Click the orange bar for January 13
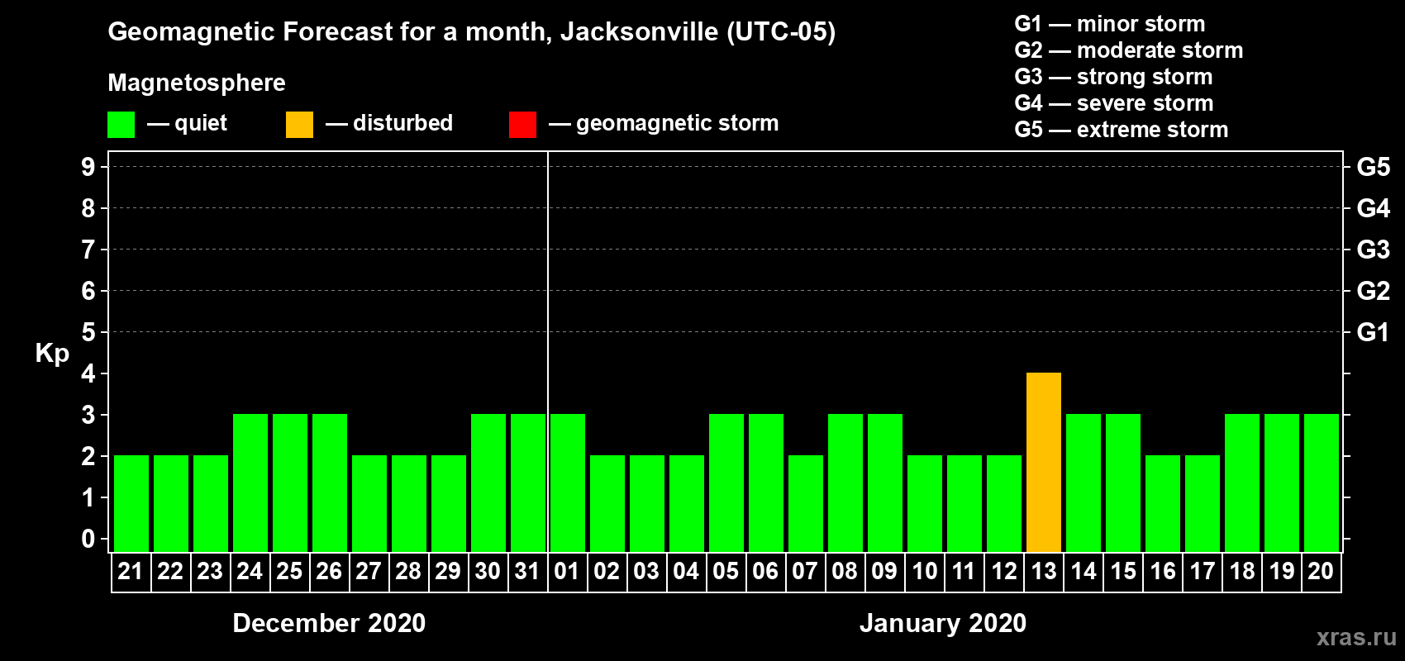click(x=1043, y=462)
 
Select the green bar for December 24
click(x=250, y=483)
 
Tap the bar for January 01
click(x=567, y=483)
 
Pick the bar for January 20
click(x=1321, y=483)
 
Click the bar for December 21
click(x=131, y=503)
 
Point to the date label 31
click(x=527, y=571)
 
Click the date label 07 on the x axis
click(x=805, y=571)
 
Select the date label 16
click(x=1162, y=571)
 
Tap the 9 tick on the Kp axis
click(x=88, y=167)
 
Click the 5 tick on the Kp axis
click(x=88, y=332)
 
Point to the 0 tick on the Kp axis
click(x=88, y=539)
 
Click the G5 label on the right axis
click(x=1373, y=167)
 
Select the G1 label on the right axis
click(x=1373, y=332)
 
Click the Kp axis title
click(x=52, y=353)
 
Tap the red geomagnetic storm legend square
click(x=522, y=125)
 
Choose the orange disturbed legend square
click(x=299, y=125)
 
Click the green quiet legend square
click(x=121, y=125)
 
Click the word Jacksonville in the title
click(x=639, y=31)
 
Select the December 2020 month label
click(x=329, y=623)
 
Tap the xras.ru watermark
click(x=1355, y=637)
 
